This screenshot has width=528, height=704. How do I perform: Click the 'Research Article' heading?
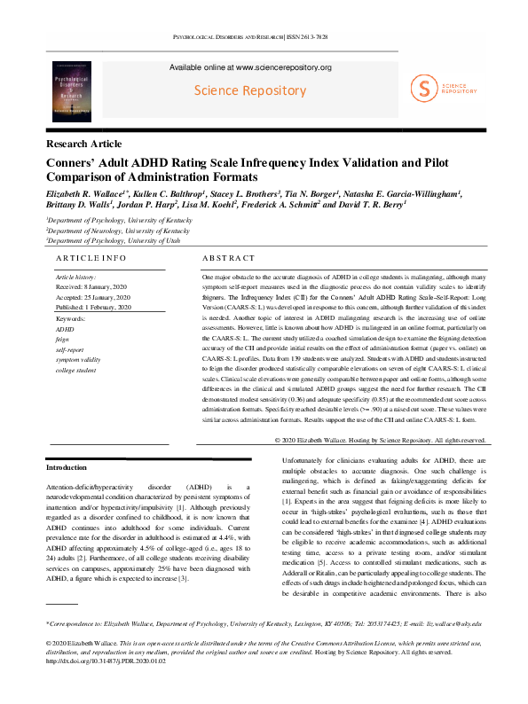(x=85, y=143)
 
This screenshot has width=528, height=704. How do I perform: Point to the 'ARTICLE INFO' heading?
(x=91, y=258)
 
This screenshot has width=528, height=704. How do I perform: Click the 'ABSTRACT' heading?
(x=229, y=258)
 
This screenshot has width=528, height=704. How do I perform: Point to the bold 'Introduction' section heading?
(x=67, y=467)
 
